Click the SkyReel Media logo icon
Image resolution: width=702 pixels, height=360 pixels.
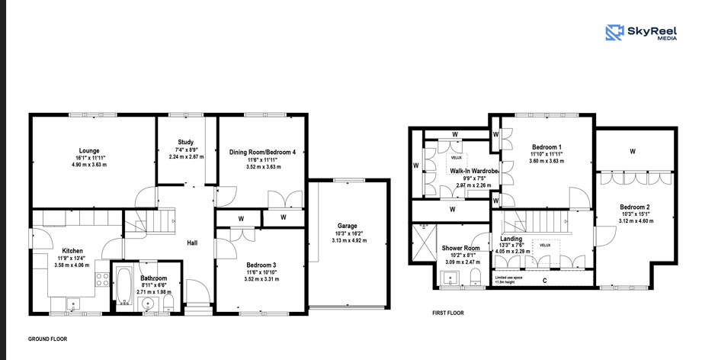coord(614,33)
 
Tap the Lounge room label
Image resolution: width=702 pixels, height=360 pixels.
coord(89,151)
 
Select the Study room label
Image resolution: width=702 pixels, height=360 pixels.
coord(185,143)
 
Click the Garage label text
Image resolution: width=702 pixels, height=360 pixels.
coord(349,226)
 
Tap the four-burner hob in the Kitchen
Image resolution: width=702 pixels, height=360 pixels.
coord(102,279)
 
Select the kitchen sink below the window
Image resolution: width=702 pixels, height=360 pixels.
coord(73,305)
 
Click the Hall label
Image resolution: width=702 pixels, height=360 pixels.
coord(192,243)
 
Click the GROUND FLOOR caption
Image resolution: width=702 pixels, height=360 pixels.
coord(47,339)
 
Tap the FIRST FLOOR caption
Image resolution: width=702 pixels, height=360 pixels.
coord(448,313)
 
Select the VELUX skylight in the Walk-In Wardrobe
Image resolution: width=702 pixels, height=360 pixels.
coord(457,163)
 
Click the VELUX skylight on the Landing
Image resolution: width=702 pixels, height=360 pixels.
coord(545,252)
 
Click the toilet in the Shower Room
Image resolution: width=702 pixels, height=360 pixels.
coord(476,277)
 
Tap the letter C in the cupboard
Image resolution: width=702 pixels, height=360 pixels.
coord(544,281)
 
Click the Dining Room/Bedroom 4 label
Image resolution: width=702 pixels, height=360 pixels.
coord(263,153)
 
